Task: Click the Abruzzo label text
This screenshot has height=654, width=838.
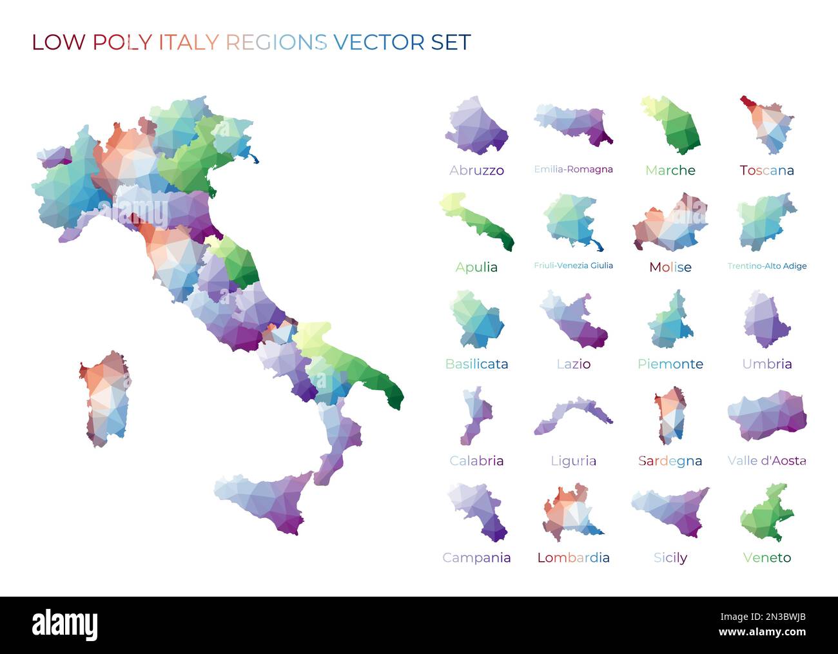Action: pos(476,171)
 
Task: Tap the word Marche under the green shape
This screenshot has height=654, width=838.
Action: pos(670,171)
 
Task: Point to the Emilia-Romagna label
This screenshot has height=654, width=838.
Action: pos(573,169)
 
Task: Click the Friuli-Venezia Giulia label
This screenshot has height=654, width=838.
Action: pos(573,265)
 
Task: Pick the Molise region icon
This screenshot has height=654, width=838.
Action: pos(670,222)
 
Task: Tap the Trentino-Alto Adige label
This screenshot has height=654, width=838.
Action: pos(766,266)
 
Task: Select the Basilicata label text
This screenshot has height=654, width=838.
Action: pos(476,364)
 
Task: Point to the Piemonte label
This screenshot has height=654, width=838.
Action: pos(670,364)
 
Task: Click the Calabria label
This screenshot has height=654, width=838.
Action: pos(476,461)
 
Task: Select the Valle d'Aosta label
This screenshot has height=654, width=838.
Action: pos(766,461)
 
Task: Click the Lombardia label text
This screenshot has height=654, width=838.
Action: pos(573,558)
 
